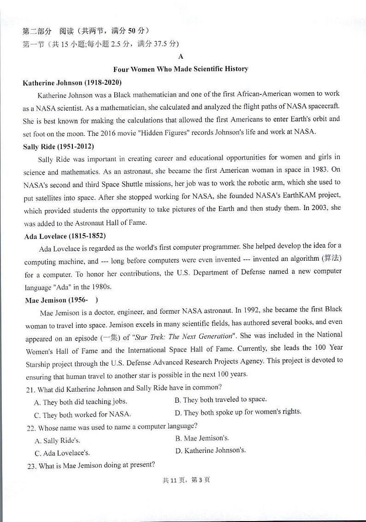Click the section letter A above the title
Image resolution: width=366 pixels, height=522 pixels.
click(181, 57)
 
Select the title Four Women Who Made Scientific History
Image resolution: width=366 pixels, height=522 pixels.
click(181, 69)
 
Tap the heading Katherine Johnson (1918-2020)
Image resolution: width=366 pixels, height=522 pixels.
click(72, 83)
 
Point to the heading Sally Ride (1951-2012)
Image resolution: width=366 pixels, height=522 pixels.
click(58, 147)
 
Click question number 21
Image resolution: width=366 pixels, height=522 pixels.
click(30, 389)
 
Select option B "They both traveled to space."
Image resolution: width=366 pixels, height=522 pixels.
click(221, 399)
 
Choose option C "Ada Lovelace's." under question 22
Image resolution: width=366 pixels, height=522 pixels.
click(62, 453)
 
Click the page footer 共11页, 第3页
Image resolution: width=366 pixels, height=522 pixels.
click(186, 480)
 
